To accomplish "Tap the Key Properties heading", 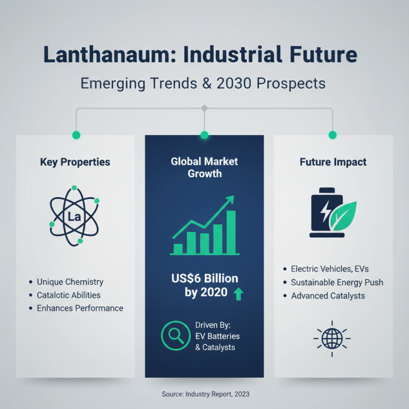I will (x=75, y=162).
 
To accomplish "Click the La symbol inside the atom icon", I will (x=74, y=217).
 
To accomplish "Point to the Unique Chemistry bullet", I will (x=70, y=282).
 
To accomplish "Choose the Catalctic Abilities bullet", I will (x=69, y=295).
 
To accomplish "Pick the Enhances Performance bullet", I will (x=80, y=308).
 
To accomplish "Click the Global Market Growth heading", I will (x=204, y=168).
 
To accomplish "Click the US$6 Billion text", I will (x=204, y=279).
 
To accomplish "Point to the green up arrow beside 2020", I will (x=238, y=294).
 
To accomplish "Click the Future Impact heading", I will (x=333, y=162).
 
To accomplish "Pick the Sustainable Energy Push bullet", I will (x=337, y=282).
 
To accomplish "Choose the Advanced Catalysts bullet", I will (x=328, y=296).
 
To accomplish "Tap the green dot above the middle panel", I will (x=204, y=135).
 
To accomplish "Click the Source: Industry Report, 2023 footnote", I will (x=204, y=394).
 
